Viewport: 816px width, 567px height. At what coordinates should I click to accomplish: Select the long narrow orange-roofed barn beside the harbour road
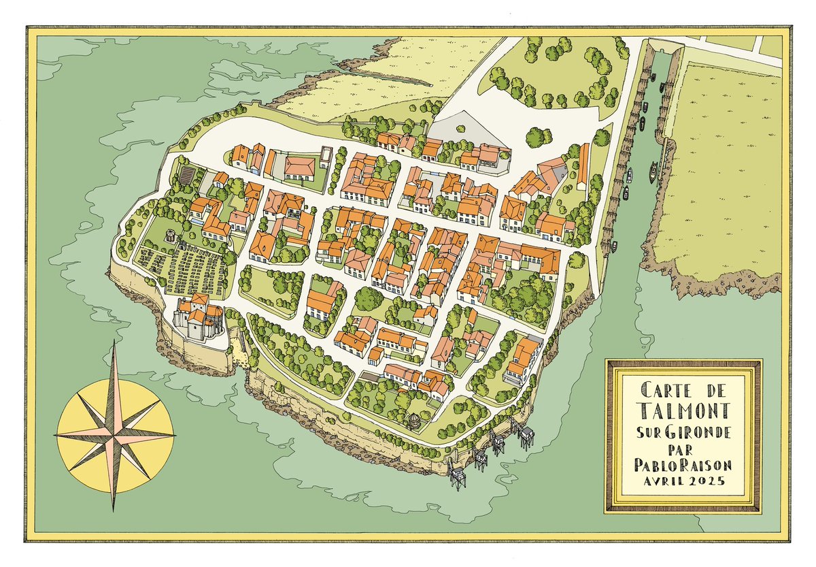pyautogui.click(x=583, y=163)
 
